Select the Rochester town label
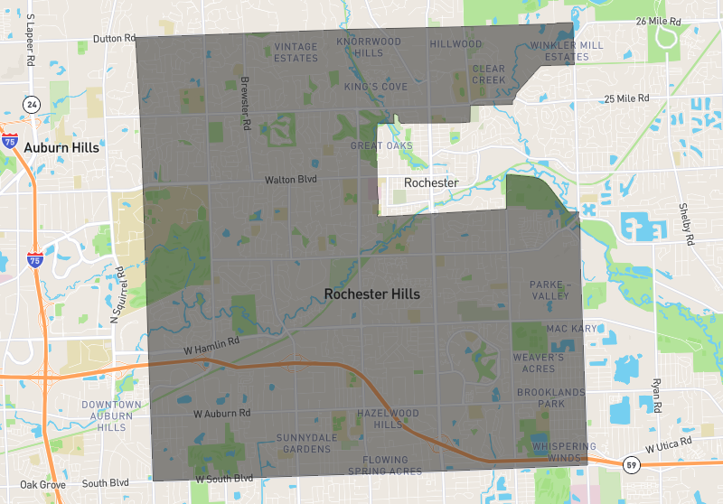click(431, 182)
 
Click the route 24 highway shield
click(32, 104)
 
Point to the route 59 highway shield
click(632, 464)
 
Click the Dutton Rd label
click(114, 39)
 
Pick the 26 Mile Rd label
click(657, 20)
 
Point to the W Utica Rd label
click(668, 444)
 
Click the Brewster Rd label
click(245, 103)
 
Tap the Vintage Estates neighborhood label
click(296, 51)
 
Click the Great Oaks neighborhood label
click(381, 145)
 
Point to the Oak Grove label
click(42, 484)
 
